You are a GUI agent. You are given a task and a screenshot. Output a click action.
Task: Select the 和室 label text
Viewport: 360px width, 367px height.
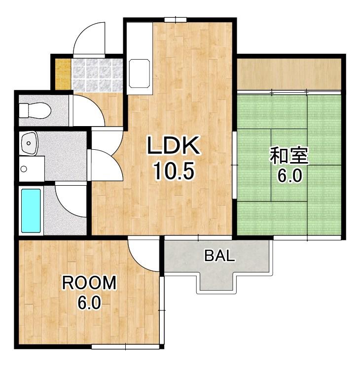(x=289, y=155)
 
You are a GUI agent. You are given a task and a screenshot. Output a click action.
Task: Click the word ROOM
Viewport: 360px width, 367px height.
(x=89, y=282)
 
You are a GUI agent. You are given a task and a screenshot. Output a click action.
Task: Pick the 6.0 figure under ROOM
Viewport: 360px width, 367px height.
(x=89, y=302)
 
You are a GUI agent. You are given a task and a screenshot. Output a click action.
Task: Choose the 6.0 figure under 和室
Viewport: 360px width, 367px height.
(x=289, y=175)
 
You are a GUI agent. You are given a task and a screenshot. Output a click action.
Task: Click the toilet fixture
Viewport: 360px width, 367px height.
(x=35, y=110)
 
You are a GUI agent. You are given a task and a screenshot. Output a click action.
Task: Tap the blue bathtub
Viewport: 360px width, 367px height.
(x=31, y=211)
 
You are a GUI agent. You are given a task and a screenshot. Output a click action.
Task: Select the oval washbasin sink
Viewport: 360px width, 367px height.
(x=29, y=143)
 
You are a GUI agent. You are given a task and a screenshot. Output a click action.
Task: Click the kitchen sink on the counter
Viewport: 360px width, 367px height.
(x=139, y=73)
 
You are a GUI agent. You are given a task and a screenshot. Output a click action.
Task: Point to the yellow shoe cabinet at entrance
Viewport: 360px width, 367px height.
(x=63, y=74)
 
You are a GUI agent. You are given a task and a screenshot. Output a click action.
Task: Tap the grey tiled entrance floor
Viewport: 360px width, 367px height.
(x=97, y=75)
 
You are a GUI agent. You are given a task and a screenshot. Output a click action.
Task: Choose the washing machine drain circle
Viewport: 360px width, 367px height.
(x=24, y=168)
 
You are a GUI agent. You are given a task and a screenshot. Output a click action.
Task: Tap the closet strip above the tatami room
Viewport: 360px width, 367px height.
(x=289, y=74)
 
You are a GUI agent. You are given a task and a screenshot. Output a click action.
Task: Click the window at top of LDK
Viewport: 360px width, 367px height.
(x=175, y=20)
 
